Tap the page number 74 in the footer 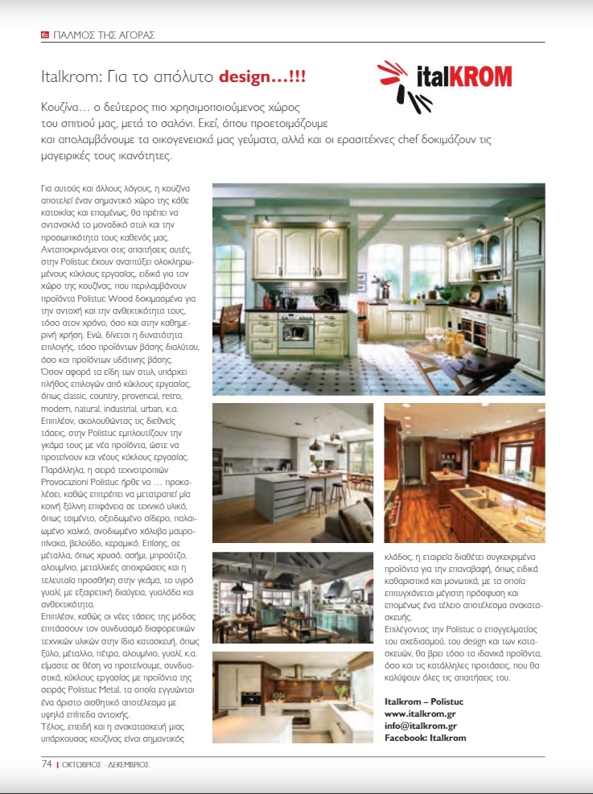click(47, 763)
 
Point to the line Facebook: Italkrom click(425, 737)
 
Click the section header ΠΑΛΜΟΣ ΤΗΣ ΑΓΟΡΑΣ click(103, 35)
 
